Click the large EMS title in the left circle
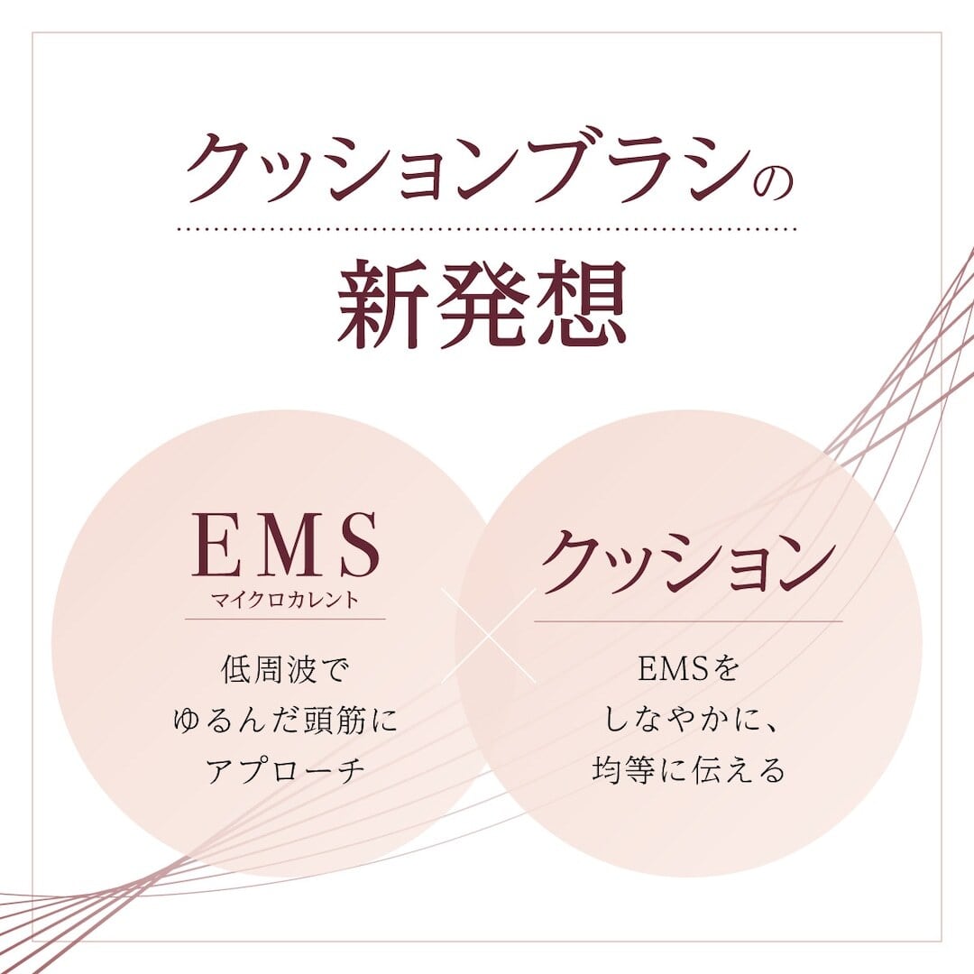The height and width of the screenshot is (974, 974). coord(286,545)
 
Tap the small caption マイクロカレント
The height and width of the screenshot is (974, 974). coord(285,600)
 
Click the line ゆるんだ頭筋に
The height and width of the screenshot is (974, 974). coord(285,720)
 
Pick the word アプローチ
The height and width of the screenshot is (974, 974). coord(285,770)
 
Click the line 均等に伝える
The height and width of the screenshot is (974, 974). coord(688,770)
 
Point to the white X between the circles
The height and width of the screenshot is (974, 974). coord(488,636)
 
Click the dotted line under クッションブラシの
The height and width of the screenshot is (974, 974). coord(487,228)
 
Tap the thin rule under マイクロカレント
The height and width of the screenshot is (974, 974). coord(285,619)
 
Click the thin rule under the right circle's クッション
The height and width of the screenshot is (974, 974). coord(688,620)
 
